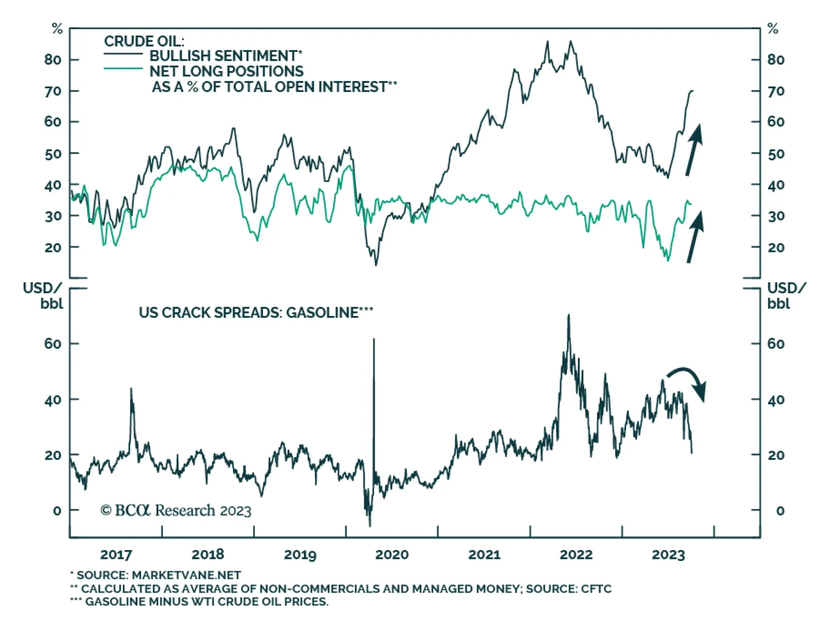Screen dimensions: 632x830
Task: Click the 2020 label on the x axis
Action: tap(392, 555)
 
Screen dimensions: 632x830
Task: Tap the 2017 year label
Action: tap(116, 555)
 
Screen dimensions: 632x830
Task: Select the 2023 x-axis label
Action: tap(668, 555)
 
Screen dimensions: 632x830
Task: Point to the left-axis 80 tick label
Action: tap(52, 60)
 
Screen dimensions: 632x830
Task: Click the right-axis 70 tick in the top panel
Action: tap(776, 91)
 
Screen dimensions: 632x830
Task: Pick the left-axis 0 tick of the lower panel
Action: tap(57, 511)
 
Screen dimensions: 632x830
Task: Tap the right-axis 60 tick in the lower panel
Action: tap(776, 344)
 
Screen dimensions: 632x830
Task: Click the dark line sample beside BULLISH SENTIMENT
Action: tap(123, 54)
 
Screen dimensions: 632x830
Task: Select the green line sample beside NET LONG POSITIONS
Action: tap(123, 68)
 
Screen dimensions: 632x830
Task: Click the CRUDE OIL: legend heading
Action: tap(144, 41)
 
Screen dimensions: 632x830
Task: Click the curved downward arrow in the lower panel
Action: tap(688, 380)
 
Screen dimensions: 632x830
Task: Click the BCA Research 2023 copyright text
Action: tap(176, 511)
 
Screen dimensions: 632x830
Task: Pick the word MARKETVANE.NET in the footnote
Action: tap(186, 575)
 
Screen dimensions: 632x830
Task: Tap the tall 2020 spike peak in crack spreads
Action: tap(374, 340)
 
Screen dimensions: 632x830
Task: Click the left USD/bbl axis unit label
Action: tap(43, 295)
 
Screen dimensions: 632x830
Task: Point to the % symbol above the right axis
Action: tap(773, 29)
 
